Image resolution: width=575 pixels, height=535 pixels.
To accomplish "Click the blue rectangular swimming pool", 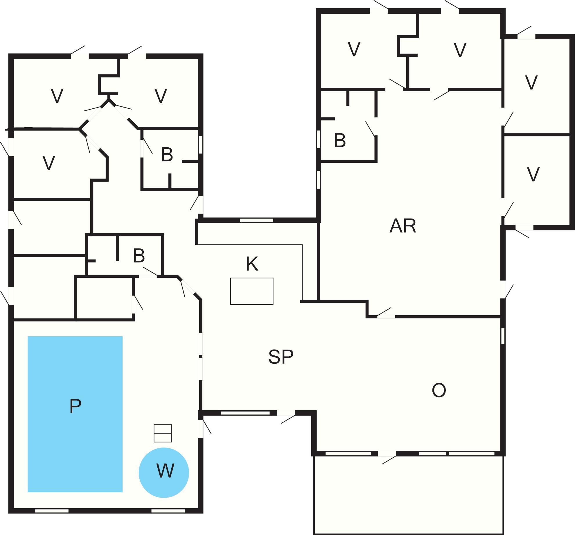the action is point(75,414).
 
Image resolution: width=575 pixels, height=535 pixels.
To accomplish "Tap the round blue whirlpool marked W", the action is point(164,473).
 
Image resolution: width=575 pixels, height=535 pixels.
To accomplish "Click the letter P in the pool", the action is point(75,406).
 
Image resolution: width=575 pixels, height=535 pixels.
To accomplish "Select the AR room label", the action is point(403,226).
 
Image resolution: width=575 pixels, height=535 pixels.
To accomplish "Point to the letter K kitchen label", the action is point(252,264).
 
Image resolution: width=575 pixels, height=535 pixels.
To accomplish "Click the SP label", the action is point(281,357).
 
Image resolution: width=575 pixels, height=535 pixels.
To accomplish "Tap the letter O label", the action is point(439,390).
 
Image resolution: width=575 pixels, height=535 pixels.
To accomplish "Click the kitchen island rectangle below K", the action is point(252,291).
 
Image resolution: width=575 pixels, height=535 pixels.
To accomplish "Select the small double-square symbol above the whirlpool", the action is point(163,433).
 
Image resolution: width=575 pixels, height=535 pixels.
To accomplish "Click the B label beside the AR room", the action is point(340,140).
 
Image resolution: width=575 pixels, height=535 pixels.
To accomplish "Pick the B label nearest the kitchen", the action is point(139,256).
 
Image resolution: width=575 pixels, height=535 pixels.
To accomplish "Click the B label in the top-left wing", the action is point(167,155).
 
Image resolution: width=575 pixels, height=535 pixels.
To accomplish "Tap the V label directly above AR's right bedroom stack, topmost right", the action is point(531,83).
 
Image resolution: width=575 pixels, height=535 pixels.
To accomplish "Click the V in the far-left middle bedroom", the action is point(49,163).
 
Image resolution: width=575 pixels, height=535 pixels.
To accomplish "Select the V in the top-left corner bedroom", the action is point(57,96).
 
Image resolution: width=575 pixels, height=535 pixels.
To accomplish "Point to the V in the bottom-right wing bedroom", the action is point(533,174).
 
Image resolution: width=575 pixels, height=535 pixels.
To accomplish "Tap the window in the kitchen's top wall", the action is point(256,220).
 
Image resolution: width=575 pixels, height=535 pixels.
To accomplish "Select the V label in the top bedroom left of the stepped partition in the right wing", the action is point(354,49).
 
